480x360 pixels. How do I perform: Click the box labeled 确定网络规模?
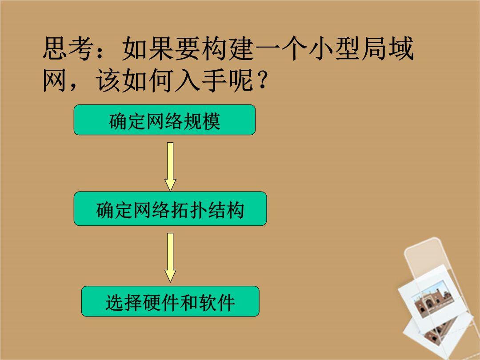[x=164, y=120]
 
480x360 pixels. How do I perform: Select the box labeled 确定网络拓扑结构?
[x=170, y=209]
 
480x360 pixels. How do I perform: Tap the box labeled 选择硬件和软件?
[x=170, y=301]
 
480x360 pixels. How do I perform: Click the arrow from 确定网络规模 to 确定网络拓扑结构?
[x=170, y=167]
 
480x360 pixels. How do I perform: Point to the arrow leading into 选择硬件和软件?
[x=170, y=257]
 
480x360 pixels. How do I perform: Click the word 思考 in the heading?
[x=68, y=48]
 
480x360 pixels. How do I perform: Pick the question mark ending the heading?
[x=262, y=80]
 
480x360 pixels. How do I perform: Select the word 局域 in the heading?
[x=388, y=48]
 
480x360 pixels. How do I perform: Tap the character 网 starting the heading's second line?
[x=55, y=80]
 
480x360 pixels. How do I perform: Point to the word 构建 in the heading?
[x=228, y=48]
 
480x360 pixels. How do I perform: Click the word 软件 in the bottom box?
[x=217, y=303]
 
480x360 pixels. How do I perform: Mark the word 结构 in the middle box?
[x=226, y=210]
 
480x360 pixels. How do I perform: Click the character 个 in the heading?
[x=295, y=48]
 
